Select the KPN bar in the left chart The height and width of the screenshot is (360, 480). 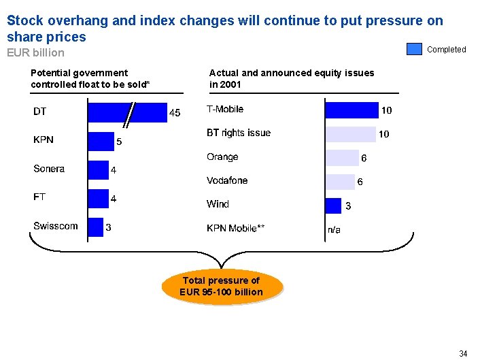pos(101,141)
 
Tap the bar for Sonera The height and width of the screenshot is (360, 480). pos(99,169)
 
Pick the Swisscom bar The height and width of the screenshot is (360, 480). pos(96,227)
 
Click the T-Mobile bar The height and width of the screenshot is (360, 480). pos(352,110)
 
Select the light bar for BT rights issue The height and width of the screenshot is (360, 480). pos(350,134)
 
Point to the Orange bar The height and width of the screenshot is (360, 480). pos(342,158)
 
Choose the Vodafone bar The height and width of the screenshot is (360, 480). pos(340,182)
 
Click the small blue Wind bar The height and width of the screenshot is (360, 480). pos(333,206)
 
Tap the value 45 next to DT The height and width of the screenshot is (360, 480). pos(175,113)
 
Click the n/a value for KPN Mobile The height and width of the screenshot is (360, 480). pos(334,230)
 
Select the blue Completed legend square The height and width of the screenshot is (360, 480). pos(414,49)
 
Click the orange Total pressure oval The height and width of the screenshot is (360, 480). pos(221,287)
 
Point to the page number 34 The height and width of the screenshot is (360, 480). pos(463,353)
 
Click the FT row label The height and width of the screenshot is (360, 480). pos(39,197)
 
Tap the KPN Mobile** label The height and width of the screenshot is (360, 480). pos(236,228)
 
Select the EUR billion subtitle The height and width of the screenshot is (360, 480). pos(35,52)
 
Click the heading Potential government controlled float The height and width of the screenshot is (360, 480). pos(90,78)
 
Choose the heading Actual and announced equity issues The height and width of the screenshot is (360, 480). pos(291,78)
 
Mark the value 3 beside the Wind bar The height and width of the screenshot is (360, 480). pos(348,206)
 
